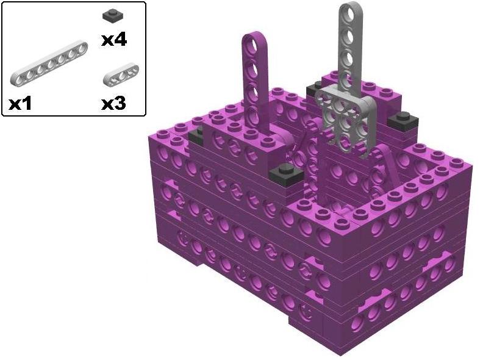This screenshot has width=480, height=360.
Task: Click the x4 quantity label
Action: [x=114, y=40]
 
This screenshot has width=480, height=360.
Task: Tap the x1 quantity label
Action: [x=21, y=103]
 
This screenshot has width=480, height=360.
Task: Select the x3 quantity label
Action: [x=114, y=103]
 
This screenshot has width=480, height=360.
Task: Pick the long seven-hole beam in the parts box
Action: [x=48, y=63]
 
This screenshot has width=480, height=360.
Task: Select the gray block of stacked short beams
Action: [x=345, y=113]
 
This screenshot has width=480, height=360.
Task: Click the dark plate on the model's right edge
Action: [x=401, y=119]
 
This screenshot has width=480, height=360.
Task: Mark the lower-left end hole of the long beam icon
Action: [x=17, y=77]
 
